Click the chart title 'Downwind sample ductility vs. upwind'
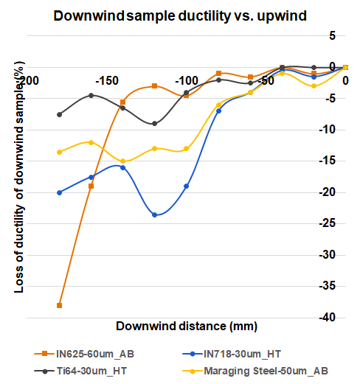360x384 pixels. pyautogui.click(x=179, y=15)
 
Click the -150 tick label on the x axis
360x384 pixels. pyautogui.click(x=108, y=80)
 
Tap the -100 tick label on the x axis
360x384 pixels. pyautogui.click(x=187, y=80)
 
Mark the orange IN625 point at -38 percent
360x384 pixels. pyautogui.click(x=59, y=305)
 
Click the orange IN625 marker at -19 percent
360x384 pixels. pyautogui.click(x=91, y=186)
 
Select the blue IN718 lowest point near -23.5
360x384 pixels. pyautogui.click(x=154, y=214)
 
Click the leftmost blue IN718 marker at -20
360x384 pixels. pyautogui.click(x=59, y=192)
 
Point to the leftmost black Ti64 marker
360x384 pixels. pyautogui.click(x=59, y=114)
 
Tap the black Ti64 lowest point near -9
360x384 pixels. pyautogui.click(x=154, y=124)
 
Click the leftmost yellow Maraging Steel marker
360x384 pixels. pyautogui.click(x=59, y=152)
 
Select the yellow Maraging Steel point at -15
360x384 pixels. pyautogui.click(x=122, y=161)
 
